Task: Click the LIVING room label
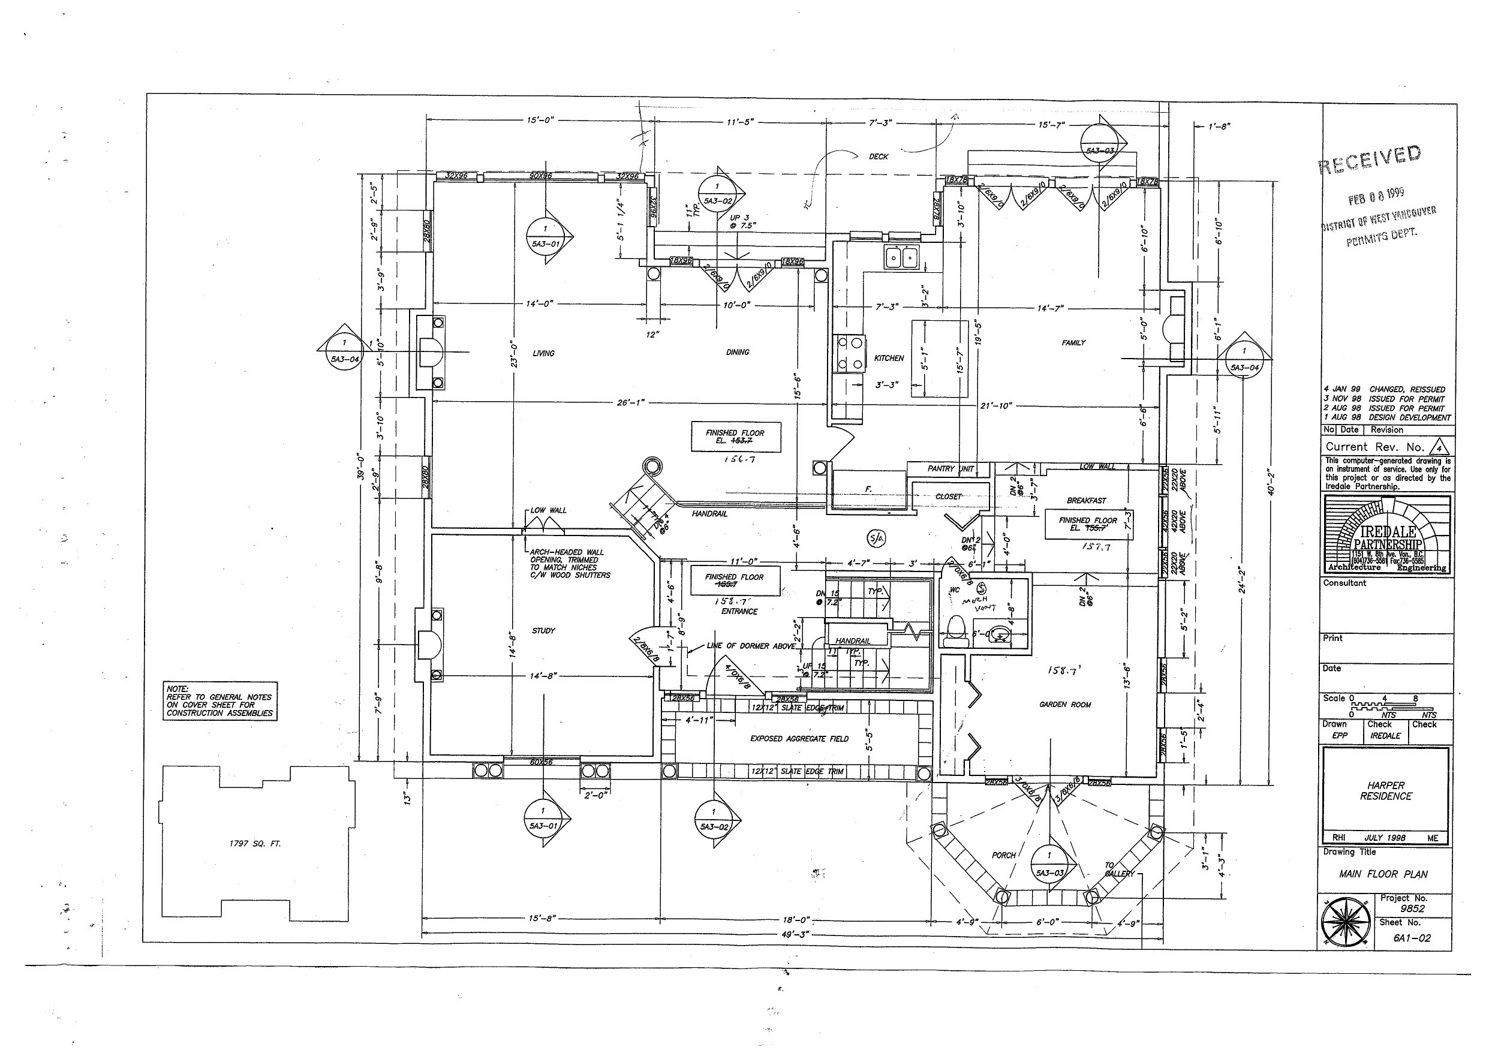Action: (x=543, y=353)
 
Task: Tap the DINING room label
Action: (x=738, y=352)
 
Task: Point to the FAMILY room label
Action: (x=1073, y=342)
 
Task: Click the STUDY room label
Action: (x=543, y=630)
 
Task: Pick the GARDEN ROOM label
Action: (x=1065, y=704)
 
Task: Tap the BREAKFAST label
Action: (x=1085, y=501)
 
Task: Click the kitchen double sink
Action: (x=901, y=257)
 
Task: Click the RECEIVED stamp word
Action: (x=1370, y=159)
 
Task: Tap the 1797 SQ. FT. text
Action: (x=255, y=844)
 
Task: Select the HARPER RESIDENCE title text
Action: (x=1385, y=790)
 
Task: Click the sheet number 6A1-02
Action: (x=1411, y=938)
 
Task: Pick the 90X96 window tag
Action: (x=540, y=176)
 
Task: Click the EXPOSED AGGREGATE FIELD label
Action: (x=799, y=739)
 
